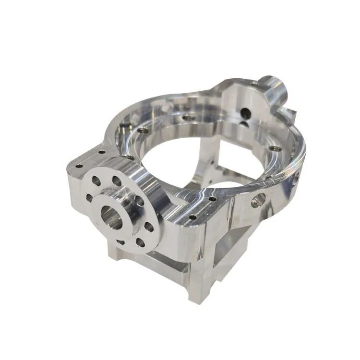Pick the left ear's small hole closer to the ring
(x=101, y=153)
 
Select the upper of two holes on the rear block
(x=245, y=113)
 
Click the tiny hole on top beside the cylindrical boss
(x=254, y=85)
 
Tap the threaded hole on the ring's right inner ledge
(x=276, y=149)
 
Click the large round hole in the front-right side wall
(x=258, y=200)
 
